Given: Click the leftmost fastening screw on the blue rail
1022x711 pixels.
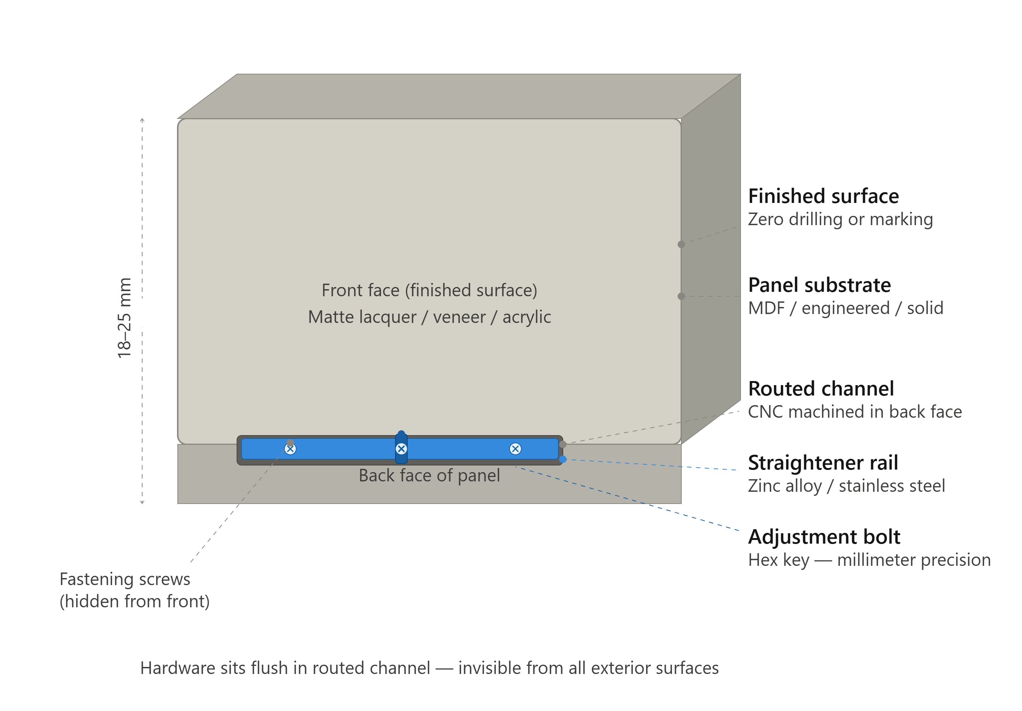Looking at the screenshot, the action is coord(290,449).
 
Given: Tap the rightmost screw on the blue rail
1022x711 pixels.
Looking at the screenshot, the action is coord(515,449).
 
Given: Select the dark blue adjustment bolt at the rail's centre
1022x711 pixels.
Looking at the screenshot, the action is coord(401,447).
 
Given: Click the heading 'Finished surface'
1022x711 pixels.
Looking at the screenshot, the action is coord(823,196).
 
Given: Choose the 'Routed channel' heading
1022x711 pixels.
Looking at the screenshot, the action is coord(821,389).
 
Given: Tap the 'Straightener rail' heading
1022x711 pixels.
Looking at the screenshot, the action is coord(823,463).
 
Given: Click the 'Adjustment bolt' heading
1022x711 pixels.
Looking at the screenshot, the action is coord(824,537).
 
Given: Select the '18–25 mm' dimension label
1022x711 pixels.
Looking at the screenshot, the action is coord(125,318).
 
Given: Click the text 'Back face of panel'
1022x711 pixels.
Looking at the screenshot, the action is coord(429,475).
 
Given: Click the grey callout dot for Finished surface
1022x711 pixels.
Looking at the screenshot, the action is coord(681,244).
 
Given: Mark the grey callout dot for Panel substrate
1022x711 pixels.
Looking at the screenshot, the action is coord(681,296).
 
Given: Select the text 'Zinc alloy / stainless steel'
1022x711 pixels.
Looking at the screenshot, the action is coord(846,486).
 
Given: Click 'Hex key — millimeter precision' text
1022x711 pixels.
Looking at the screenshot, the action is coord(869,560).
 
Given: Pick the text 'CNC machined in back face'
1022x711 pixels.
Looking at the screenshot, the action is coord(855,412).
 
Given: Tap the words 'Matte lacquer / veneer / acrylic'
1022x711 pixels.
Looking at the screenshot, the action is coord(429,317).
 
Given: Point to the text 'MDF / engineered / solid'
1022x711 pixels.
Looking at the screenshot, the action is coord(845,308).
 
